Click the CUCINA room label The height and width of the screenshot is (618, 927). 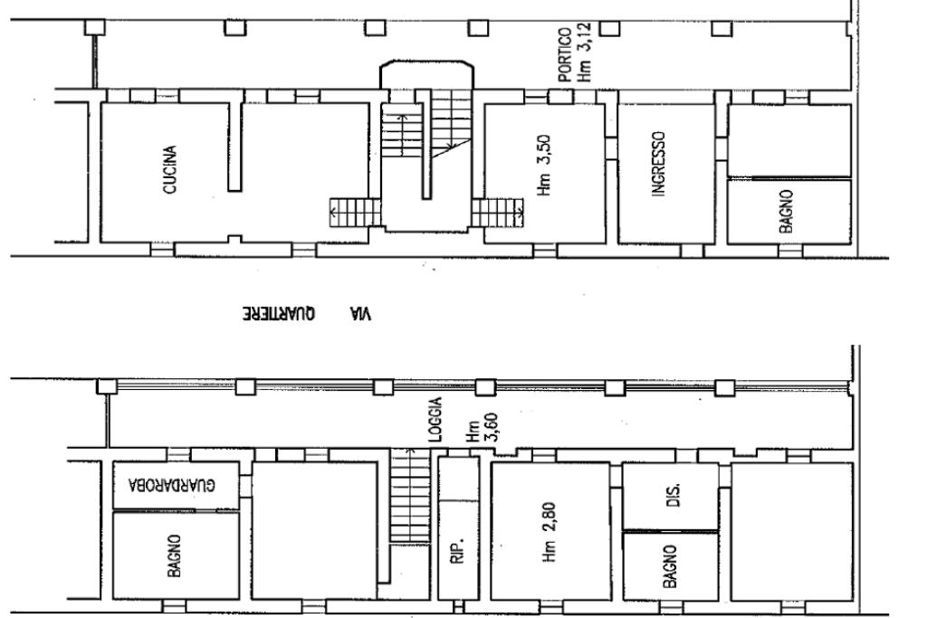point(169,170)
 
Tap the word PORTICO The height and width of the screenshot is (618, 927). point(565,54)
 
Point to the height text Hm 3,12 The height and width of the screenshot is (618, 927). point(584,52)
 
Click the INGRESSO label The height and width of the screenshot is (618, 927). point(658,164)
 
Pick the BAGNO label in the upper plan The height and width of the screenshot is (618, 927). point(786,211)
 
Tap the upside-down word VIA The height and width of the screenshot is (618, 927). point(360,314)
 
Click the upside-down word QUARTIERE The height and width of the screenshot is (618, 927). point(279,314)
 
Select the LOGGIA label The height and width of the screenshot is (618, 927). point(435,420)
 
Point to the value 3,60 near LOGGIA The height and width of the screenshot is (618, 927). point(492,427)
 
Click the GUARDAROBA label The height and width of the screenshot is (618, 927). point(172,486)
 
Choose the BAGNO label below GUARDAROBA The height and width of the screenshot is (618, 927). point(174,556)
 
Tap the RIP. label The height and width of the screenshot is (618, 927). point(457,550)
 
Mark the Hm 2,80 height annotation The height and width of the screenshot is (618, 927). point(549,532)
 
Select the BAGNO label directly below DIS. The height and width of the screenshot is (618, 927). point(670,566)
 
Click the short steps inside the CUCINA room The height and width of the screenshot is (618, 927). point(355,212)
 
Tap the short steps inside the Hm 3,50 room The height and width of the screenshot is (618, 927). point(498,213)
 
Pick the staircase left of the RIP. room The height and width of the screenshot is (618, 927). point(410,495)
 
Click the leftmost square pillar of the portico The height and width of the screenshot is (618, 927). point(94,27)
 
